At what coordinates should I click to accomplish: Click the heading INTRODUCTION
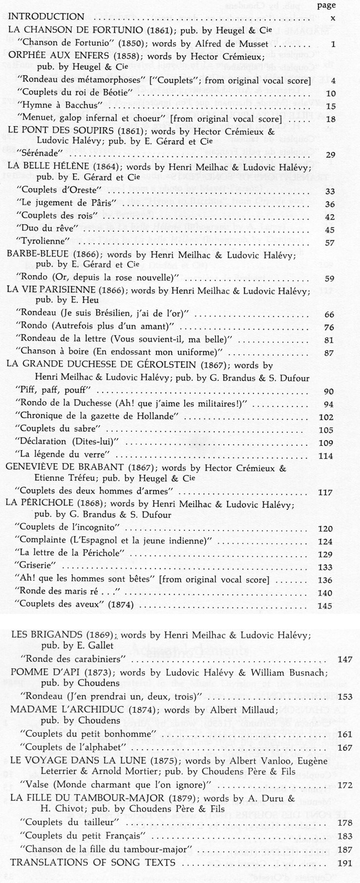[x=46, y=16]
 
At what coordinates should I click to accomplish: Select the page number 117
[x=325, y=492]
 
